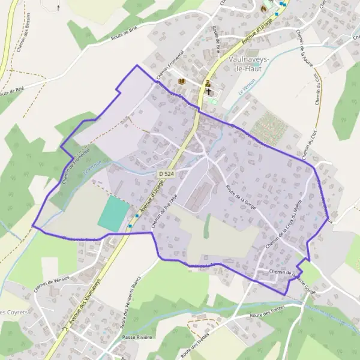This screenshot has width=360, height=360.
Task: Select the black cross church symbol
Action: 209,92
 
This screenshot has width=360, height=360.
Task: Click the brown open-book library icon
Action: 182,82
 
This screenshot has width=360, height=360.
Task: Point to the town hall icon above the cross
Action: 208,83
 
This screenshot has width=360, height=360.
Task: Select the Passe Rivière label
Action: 137,337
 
